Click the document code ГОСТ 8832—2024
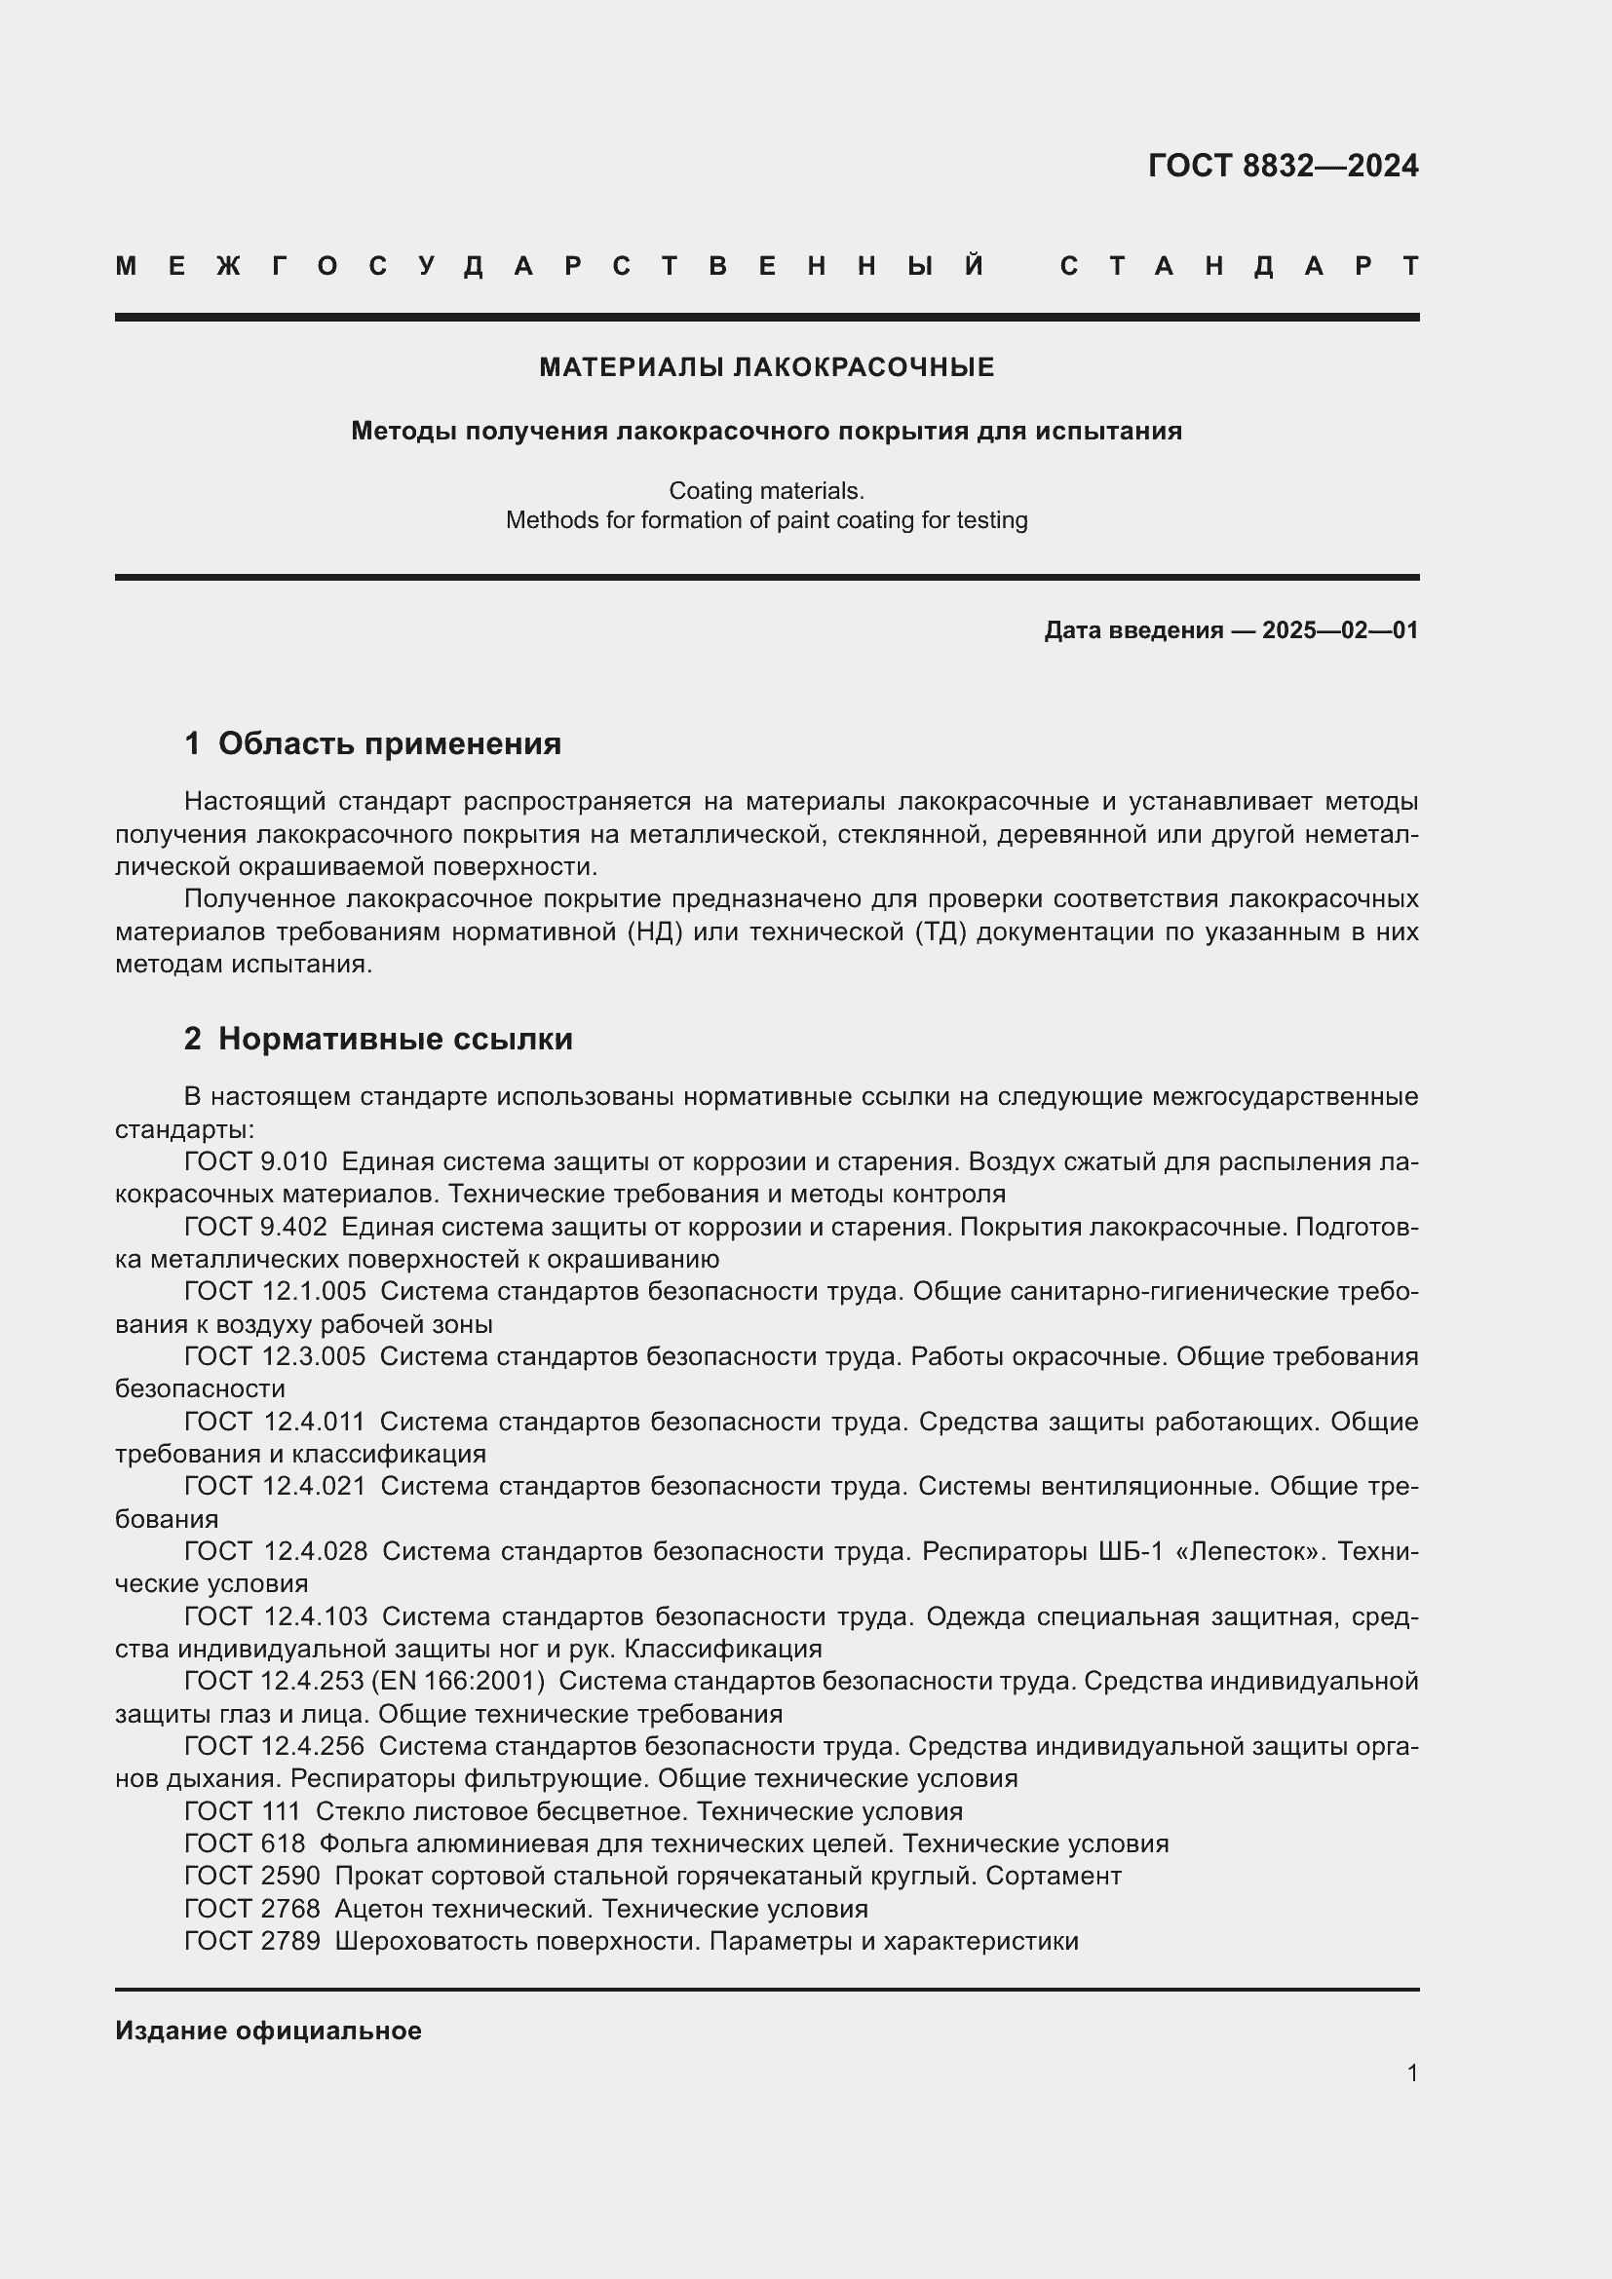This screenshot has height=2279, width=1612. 1283,166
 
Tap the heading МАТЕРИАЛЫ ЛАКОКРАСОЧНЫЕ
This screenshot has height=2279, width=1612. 766,367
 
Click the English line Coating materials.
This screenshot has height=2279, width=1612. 766,490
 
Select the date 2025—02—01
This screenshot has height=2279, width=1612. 1340,630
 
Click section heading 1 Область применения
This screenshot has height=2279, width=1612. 372,743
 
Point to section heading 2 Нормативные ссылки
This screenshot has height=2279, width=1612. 378,1040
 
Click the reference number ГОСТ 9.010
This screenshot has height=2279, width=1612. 255,1161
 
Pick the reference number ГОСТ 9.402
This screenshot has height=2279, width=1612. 255,1227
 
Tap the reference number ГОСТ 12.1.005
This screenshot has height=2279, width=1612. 275,1291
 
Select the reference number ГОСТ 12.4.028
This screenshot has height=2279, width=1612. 275,1550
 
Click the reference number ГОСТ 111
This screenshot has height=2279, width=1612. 243,1811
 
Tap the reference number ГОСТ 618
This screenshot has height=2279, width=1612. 245,1843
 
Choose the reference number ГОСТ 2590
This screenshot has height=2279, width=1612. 252,1876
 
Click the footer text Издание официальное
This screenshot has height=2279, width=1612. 268,2031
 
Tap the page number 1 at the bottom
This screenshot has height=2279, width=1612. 1412,2072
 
